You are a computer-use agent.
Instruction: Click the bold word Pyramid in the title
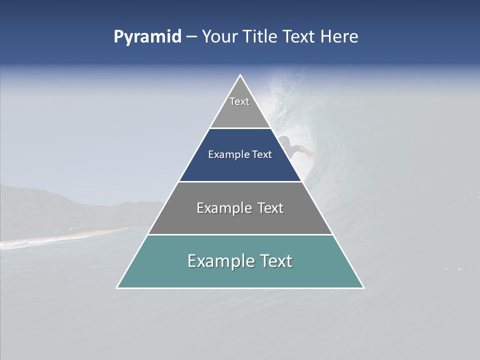(147, 37)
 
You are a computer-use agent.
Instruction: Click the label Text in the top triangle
(239, 101)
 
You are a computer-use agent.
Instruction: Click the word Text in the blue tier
(262, 155)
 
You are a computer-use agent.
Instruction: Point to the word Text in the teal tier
(275, 261)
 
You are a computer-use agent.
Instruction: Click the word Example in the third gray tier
(222, 208)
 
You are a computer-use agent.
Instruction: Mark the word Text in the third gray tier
(270, 208)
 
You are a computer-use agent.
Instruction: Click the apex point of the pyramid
(240, 75)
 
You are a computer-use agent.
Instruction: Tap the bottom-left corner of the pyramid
(117, 287)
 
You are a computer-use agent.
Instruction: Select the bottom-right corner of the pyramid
(363, 287)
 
